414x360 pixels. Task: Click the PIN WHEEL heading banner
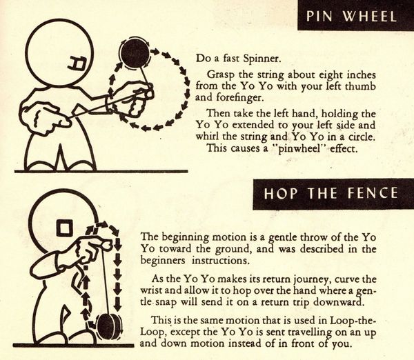(x=355, y=15)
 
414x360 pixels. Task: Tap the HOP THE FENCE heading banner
(x=333, y=194)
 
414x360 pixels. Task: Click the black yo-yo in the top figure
(x=135, y=54)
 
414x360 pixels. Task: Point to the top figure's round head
(x=59, y=53)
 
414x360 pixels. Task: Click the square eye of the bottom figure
(x=65, y=228)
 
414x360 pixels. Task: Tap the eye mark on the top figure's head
(x=77, y=64)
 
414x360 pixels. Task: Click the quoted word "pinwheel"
(x=299, y=148)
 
